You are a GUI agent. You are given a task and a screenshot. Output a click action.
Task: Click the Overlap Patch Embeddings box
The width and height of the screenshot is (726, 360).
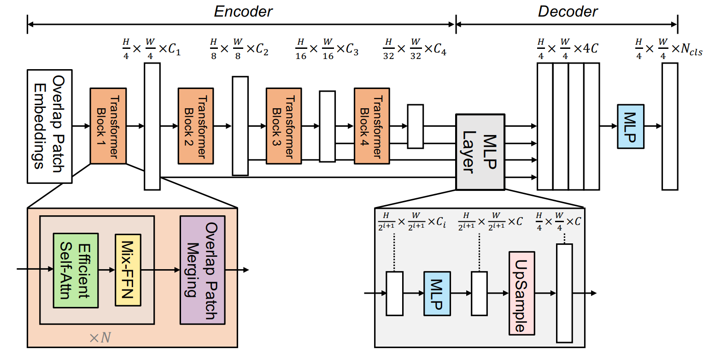49,126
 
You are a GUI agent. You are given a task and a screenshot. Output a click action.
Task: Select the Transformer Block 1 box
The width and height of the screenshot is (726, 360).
108,126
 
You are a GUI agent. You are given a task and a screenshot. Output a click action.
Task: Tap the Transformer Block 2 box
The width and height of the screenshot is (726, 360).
196,126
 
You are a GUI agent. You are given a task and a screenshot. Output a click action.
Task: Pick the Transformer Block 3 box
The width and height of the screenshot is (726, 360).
284,126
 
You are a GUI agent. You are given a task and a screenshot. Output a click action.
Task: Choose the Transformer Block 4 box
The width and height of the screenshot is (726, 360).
372,126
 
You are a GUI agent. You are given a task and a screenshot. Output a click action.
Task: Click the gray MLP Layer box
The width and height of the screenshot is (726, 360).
480,152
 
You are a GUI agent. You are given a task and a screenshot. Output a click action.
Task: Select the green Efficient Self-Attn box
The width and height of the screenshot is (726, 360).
76,270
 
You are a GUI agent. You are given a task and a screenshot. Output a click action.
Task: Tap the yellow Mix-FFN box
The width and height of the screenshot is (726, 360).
128,270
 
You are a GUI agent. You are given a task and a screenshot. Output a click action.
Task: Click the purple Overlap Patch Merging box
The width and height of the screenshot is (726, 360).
202,270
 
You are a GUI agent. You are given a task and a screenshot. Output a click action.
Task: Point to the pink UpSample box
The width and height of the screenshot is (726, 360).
521,293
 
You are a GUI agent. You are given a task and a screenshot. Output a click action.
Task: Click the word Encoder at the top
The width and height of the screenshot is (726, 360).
243,12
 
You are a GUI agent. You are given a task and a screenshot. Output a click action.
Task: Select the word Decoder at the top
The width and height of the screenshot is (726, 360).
568,12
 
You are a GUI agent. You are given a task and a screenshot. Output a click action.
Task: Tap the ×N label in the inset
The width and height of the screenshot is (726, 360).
100,338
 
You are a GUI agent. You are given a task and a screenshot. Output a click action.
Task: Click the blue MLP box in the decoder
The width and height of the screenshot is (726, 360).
630,126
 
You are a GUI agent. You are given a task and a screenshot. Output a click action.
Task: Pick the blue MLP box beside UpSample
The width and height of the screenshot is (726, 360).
437,293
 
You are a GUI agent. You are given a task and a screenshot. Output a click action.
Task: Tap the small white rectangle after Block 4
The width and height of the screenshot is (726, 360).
415,126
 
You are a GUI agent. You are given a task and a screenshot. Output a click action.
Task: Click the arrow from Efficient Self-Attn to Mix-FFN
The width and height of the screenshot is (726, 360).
106,270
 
